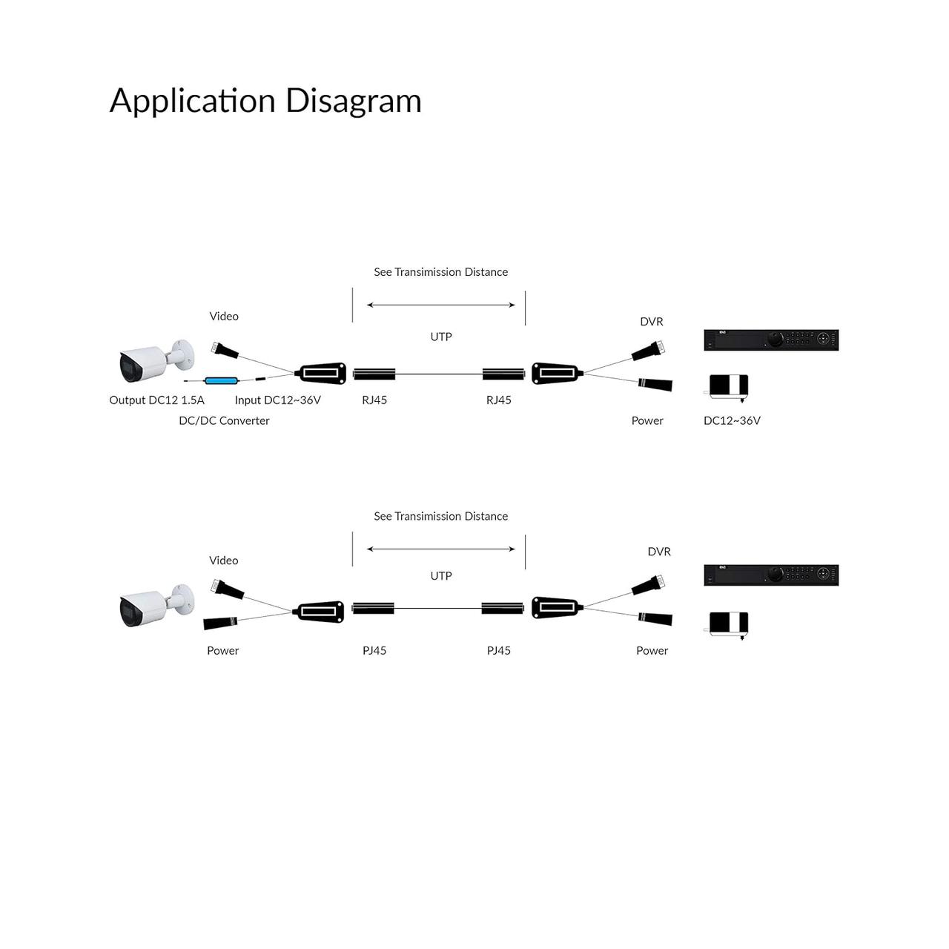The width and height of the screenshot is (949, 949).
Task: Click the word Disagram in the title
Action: [353, 101]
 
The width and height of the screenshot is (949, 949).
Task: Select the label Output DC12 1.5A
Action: [156, 400]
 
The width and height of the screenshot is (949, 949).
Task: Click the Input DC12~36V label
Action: [278, 400]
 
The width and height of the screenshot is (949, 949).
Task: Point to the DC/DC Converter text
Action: [224, 420]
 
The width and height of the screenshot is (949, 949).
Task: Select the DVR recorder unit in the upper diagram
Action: [771, 340]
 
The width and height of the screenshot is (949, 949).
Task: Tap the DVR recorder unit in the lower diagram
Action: [771, 575]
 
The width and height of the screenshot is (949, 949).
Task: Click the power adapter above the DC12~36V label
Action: [728, 388]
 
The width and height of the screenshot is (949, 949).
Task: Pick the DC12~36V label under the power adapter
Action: [732, 420]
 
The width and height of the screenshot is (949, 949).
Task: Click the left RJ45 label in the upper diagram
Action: [374, 400]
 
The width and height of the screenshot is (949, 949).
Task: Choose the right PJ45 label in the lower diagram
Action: [498, 650]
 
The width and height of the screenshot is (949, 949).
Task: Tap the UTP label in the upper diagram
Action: [440, 337]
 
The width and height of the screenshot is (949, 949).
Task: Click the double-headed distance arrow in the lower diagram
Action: [440, 549]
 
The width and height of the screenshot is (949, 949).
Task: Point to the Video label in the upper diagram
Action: [224, 316]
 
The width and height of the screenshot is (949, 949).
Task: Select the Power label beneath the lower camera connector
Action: [222, 650]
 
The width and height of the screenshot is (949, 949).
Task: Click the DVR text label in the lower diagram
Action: [659, 552]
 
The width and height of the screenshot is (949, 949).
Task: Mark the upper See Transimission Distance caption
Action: [440, 272]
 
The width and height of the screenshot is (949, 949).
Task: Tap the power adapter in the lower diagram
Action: [728, 625]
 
